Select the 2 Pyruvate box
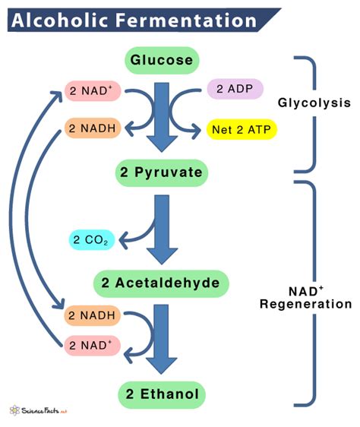(x=160, y=172)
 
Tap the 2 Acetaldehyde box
(x=160, y=283)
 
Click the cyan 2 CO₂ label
(x=93, y=242)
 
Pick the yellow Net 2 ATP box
(x=241, y=130)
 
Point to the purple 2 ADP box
(x=235, y=90)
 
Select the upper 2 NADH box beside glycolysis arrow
(x=90, y=130)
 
